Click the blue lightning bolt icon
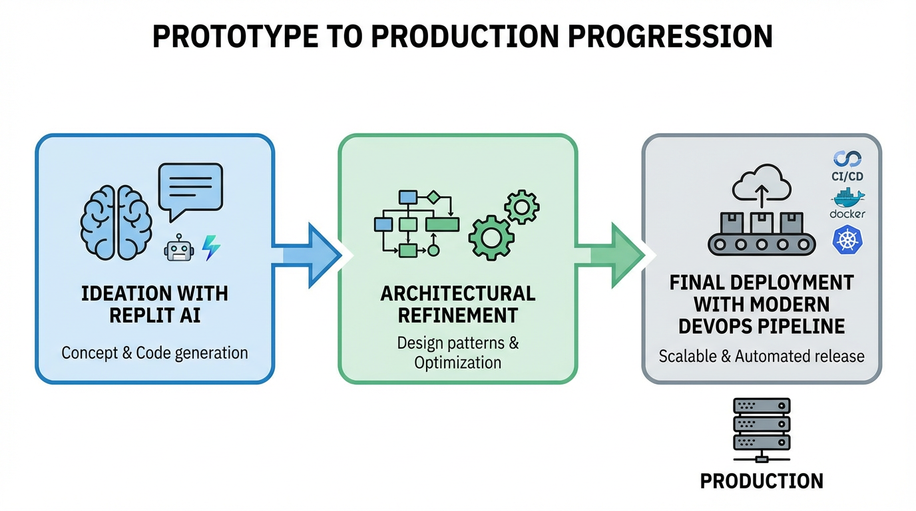pos(211,248)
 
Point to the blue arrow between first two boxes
pos(308,255)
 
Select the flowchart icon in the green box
pos(415,223)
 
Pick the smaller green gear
pos(522,208)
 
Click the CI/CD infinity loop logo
pos(847,159)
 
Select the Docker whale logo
pos(847,198)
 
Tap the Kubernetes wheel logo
pos(847,240)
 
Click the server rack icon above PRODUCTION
pos(762,426)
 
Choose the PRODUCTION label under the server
pos(762,480)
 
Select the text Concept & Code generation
pos(154,353)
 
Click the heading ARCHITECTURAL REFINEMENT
pos(457,303)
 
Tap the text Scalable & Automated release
pos(762,356)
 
